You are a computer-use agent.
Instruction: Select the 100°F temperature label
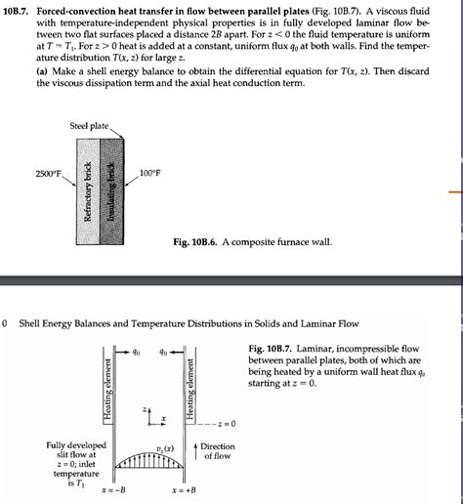point(150,174)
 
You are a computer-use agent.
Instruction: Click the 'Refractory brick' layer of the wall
point(88,190)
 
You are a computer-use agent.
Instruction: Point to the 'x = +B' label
point(182,488)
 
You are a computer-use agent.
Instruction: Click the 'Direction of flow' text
point(218,451)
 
